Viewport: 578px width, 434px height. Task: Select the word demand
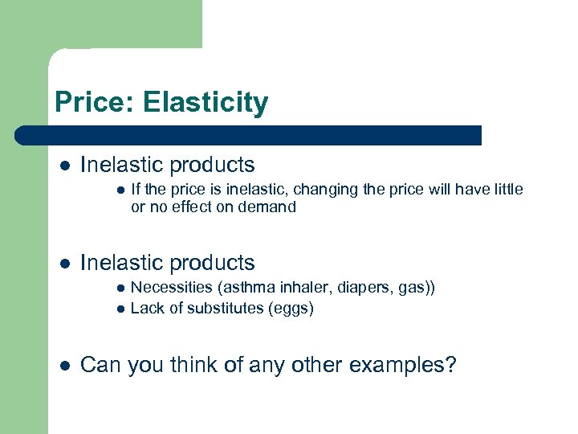(270, 207)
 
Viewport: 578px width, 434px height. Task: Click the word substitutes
(223, 309)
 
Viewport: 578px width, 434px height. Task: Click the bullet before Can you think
(64, 366)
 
